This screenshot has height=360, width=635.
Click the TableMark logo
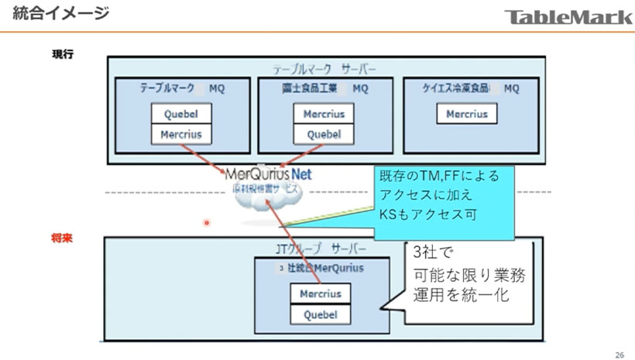(568, 15)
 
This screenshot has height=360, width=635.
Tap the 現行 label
(63, 55)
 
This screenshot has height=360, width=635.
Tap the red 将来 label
(63, 240)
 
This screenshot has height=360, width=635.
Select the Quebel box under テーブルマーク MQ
(181, 113)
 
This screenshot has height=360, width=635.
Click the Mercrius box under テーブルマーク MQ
(181, 134)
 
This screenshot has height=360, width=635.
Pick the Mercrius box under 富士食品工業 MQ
(324, 113)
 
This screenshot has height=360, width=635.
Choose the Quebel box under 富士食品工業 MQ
(324, 134)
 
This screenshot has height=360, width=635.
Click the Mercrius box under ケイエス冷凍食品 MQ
(467, 114)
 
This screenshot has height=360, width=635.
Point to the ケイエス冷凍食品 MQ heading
(470, 88)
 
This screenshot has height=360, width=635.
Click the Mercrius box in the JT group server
(321, 294)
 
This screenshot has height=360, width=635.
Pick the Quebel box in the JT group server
(321, 314)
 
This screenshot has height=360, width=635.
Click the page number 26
(619, 353)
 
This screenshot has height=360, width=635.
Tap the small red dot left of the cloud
(207, 223)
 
